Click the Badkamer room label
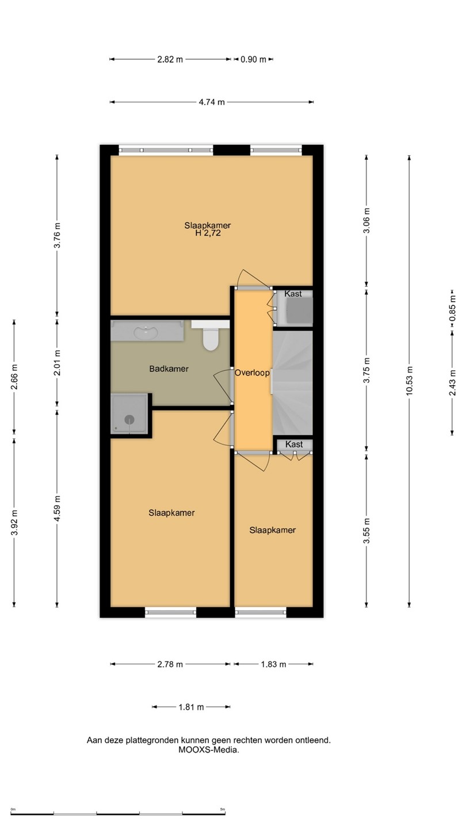tap(169, 369)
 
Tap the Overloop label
tap(252, 373)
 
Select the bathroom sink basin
tap(146, 332)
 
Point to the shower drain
tap(129, 419)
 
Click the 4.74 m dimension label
tap(212, 102)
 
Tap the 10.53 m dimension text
tap(409, 381)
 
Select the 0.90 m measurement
tap(253, 59)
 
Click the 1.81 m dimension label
tap(191, 707)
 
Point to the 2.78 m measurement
tap(170, 664)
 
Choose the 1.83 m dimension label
tap(273, 664)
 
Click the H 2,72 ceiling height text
tap(208, 233)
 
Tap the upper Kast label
tap(293, 294)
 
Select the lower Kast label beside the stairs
tap(294, 444)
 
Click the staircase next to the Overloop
tap(292, 382)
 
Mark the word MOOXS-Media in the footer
tap(209, 750)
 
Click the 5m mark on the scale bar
tap(223, 809)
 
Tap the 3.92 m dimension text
tap(14, 522)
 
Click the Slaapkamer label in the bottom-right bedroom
tap(273, 530)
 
